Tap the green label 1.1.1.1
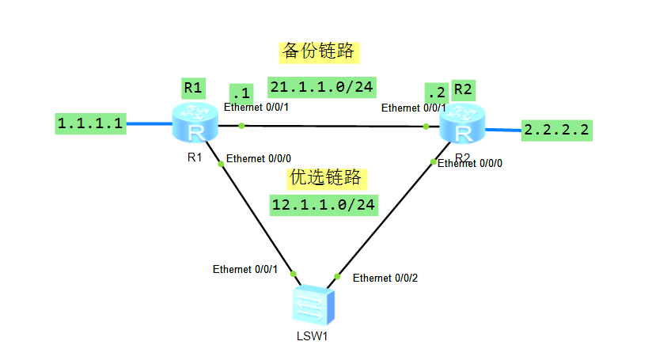(90, 123)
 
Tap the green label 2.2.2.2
(558, 130)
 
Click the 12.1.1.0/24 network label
(323, 204)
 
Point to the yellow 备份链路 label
(319, 51)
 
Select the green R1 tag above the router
(195, 86)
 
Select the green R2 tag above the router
(463, 89)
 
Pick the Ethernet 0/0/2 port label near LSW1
(385, 278)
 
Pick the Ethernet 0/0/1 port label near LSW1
(244, 270)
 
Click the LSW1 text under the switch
(312, 336)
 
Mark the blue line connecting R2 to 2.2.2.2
(502, 128)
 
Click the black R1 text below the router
(195, 157)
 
